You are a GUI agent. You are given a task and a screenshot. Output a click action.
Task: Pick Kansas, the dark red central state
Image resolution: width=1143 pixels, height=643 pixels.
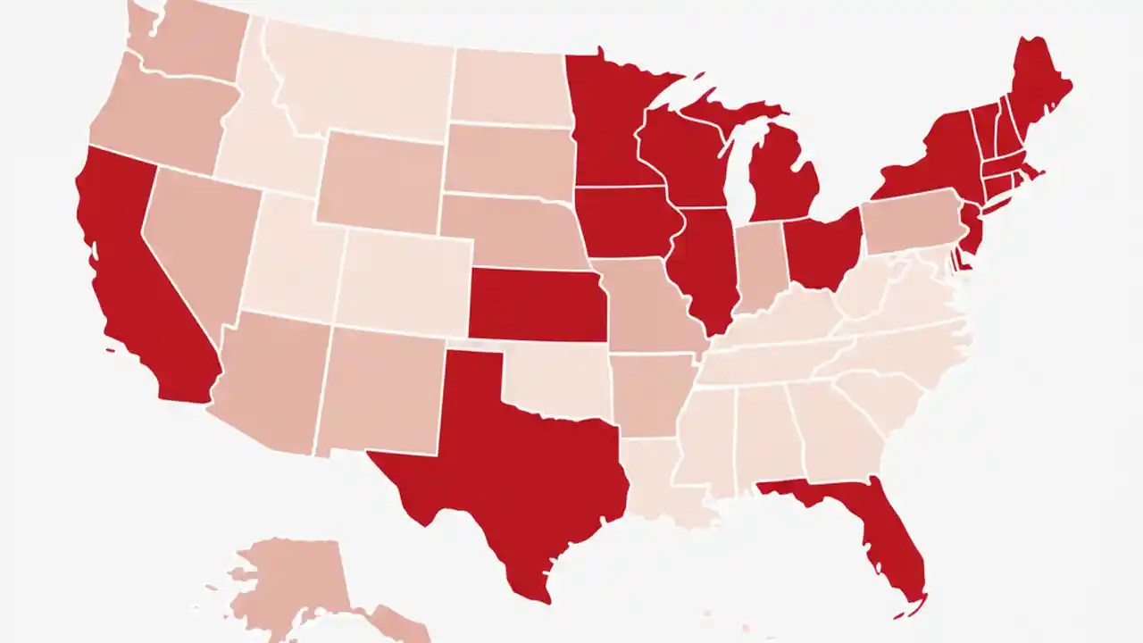[x=536, y=304]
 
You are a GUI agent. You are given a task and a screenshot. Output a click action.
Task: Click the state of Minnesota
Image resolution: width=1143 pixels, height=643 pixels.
[x=607, y=125]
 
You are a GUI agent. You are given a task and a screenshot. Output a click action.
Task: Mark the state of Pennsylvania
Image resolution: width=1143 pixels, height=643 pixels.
[x=911, y=223]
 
